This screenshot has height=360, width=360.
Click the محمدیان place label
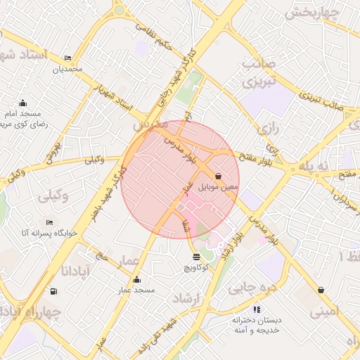click(x=67, y=69)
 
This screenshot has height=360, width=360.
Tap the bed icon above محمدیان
click(x=67, y=58)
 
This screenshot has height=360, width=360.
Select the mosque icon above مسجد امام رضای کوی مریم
click(x=22, y=103)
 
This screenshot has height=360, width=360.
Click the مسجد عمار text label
click(x=136, y=290)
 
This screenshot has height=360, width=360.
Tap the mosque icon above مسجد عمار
click(x=136, y=280)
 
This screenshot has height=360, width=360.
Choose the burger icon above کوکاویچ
click(x=195, y=257)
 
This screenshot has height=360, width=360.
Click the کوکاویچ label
click(x=195, y=268)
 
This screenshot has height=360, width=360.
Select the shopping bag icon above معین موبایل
click(x=218, y=176)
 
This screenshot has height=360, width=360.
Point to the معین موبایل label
click(x=219, y=187)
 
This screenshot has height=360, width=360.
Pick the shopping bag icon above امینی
click(x=321, y=290)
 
